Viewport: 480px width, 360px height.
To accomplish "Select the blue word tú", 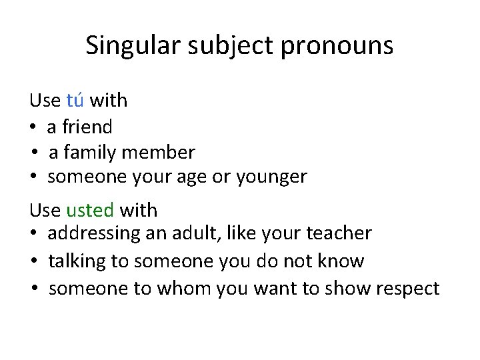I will coord(75,101).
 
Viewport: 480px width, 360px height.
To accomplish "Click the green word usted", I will coord(90,211).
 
